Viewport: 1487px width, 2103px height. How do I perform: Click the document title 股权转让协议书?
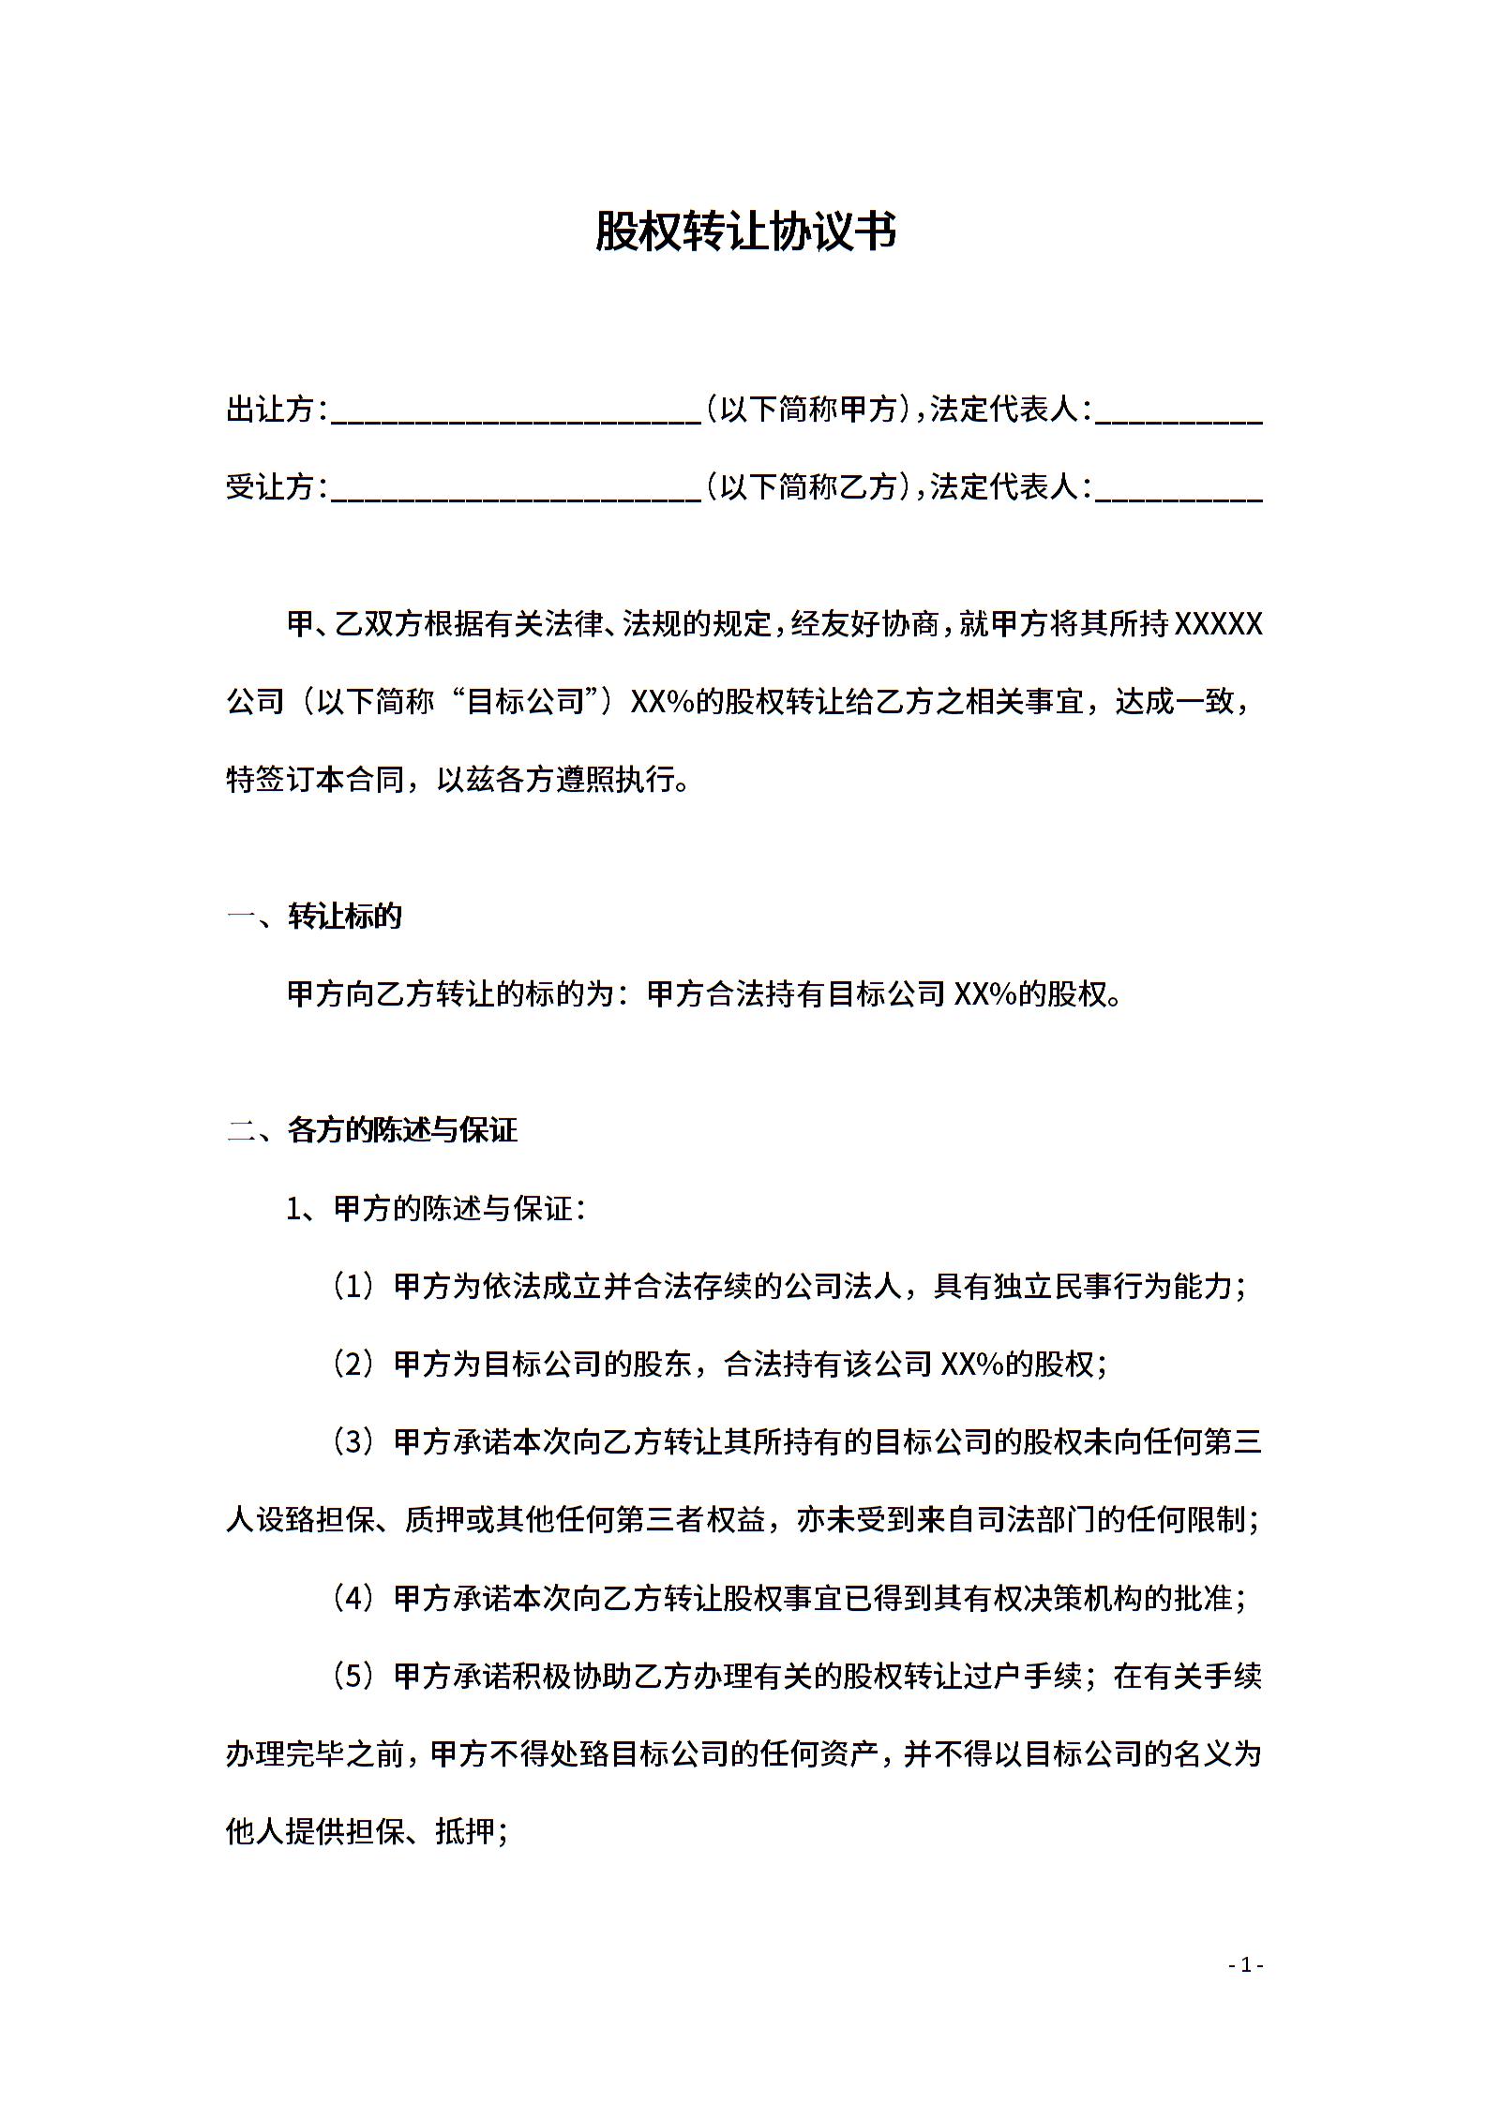tap(744, 231)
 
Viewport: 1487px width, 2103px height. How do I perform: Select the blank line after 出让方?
tap(516, 412)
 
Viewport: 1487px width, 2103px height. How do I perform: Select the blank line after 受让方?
tap(516, 489)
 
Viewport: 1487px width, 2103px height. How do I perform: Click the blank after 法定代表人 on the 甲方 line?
tap(1179, 412)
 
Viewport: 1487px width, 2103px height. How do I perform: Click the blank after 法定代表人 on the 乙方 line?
tap(1179, 489)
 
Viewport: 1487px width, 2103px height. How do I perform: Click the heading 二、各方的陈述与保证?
tap(371, 1130)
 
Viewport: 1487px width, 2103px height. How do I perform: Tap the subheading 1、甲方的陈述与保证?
tap(436, 1209)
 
